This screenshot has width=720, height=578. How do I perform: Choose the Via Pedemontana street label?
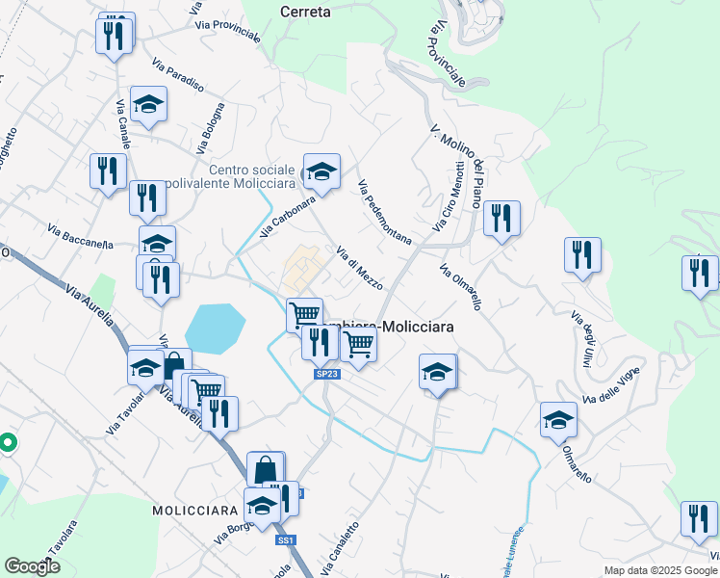tap(384, 211)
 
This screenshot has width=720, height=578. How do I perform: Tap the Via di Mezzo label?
tap(359, 268)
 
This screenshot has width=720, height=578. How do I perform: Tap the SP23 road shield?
tap(326, 374)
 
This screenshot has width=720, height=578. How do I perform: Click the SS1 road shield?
tap(285, 541)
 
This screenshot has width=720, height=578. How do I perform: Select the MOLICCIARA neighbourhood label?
tap(194, 509)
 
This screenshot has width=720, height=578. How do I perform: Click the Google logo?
tap(33, 565)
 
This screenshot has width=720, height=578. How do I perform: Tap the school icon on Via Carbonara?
tap(321, 172)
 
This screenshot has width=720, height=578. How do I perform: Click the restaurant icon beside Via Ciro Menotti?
tap(501, 219)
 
